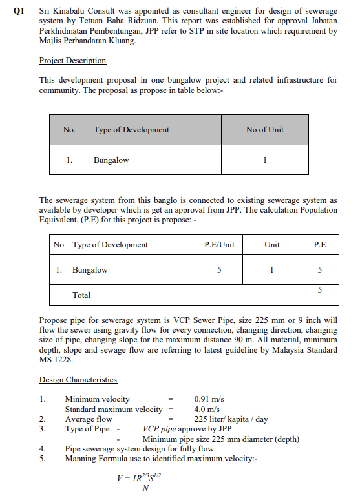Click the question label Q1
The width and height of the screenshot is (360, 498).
pyautogui.click(x=17, y=12)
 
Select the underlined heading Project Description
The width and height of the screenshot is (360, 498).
pyautogui.click(x=72, y=61)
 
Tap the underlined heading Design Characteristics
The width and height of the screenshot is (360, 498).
pyautogui.click(x=78, y=380)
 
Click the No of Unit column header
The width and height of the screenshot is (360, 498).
pyautogui.click(x=264, y=130)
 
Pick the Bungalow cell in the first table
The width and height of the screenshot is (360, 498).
pyautogui.click(x=111, y=160)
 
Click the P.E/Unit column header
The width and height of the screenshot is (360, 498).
pyautogui.click(x=218, y=245)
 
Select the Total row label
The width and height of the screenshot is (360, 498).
pyautogui.click(x=81, y=295)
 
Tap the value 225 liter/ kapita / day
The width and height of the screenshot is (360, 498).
pyautogui.click(x=231, y=419)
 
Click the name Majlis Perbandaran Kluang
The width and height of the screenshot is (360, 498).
pyautogui.click(x=87, y=41)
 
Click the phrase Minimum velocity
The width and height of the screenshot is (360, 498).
pyautogui.click(x=97, y=399)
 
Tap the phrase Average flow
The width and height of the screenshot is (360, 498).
pyautogui.click(x=89, y=419)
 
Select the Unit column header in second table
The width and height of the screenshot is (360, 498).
pyautogui.click(x=272, y=245)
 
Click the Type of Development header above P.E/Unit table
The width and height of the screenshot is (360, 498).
pyautogui.click(x=110, y=245)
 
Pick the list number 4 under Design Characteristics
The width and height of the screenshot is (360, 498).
pyautogui.click(x=42, y=449)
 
